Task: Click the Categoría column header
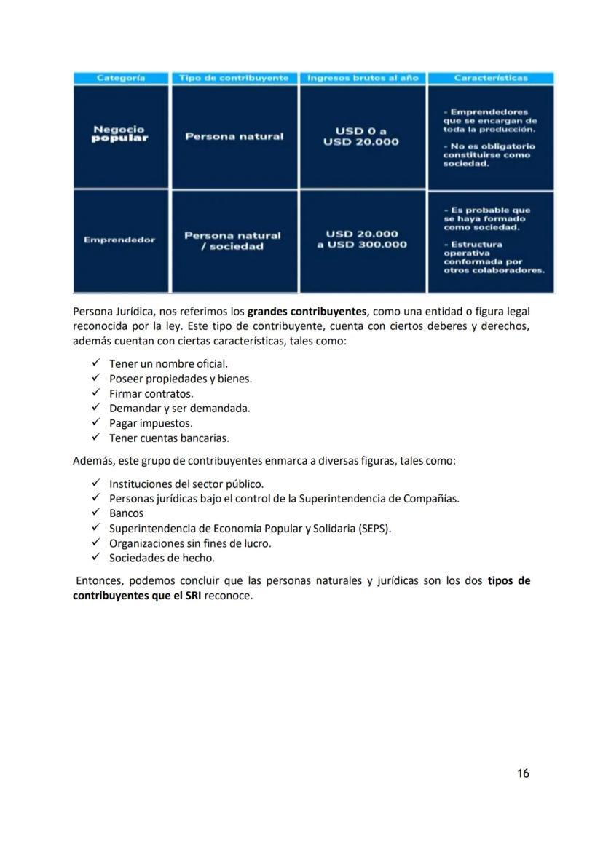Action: (121, 78)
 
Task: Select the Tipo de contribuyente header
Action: (234, 78)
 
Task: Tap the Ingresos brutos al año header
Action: (363, 78)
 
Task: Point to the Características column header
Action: (490, 78)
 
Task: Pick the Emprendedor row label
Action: (119, 240)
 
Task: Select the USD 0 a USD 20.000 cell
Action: (361, 136)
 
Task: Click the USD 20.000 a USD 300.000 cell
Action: (362, 239)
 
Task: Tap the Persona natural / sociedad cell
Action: (232, 241)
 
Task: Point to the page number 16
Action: (523, 773)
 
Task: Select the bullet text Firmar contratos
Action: (151, 394)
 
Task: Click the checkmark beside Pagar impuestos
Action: (95, 422)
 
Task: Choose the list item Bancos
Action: (126, 513)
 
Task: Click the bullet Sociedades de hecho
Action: (162, 559)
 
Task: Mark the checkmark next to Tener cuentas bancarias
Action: (95, 438)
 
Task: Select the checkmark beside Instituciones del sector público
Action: (95, 483)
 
